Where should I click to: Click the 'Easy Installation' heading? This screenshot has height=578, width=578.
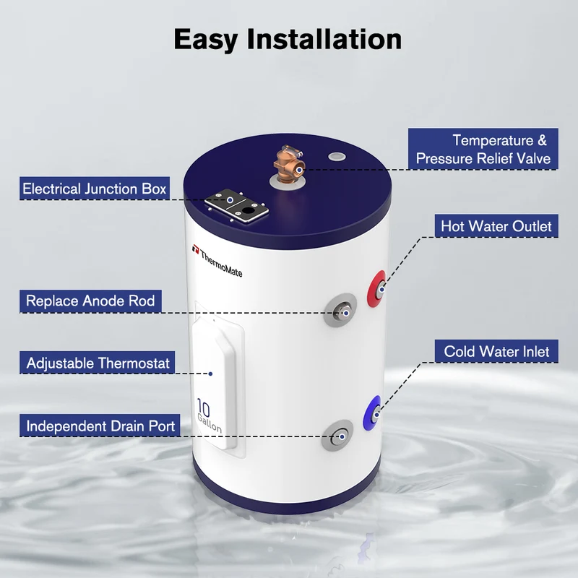[x=288, y=40]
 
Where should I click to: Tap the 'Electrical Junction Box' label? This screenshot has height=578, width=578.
[x=95, y=189]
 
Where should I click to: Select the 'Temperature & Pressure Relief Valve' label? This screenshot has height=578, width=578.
[x=483, y=149]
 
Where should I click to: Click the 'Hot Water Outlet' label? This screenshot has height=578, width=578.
[x=496, y=226]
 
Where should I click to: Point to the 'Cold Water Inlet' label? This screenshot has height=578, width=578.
[x=496, y=351]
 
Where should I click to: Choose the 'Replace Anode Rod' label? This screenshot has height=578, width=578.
[x=90, y=301]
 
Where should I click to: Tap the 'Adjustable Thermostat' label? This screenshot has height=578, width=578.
[x=98, y=363]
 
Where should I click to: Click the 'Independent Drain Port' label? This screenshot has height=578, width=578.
[x=100, y=426]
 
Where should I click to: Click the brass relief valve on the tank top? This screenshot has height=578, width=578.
[x=290, y=164]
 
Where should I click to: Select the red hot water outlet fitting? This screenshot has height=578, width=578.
[x=376, y=289]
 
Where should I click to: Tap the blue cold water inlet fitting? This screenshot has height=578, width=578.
[x=372, y=413]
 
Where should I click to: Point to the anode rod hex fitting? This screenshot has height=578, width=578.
[x=340, y=310]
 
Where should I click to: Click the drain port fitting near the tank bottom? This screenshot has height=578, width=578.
[x=337, y=436]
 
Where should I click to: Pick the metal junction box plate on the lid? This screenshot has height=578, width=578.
[x=236, y=206]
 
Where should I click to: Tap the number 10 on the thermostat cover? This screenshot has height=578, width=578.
[x=204, y=407]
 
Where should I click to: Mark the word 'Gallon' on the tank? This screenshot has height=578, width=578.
[x=210, y=423]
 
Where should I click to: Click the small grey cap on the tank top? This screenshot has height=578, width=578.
[x=337, y=157]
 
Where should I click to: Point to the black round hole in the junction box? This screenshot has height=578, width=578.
[x=249, y=211]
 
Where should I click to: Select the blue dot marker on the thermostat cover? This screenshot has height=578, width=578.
[x=210, y=374]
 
